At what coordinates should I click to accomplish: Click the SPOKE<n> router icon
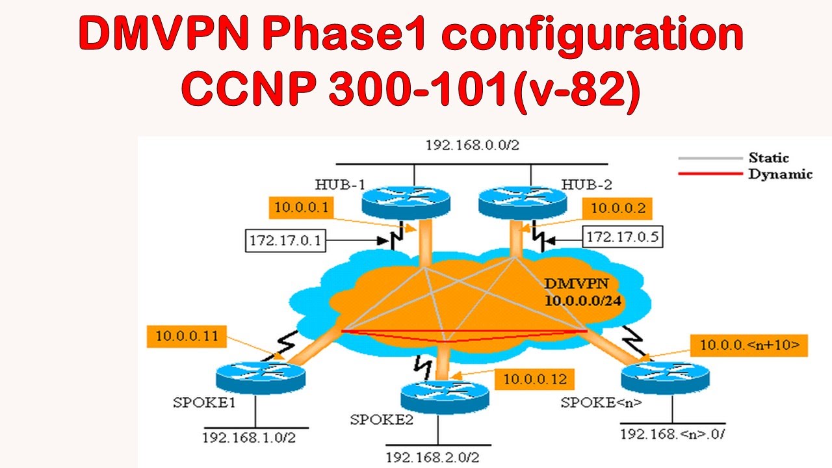pyautogui.click(x=664, y=375)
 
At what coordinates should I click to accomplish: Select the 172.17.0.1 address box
pyautogui.click(x=285, y=240)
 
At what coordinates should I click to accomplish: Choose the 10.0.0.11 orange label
pyautogui.click(x=187, y=337)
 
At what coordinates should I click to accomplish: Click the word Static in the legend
pyautogui.click(x=768, y=157)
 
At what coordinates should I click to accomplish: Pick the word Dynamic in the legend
pyautogui.click(x=780, y=174)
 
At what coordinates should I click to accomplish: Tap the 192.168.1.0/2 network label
pyautogui.click(x=249, y=437)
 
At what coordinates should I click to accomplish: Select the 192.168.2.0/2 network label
pyautogui.click(x=432, y=457)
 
